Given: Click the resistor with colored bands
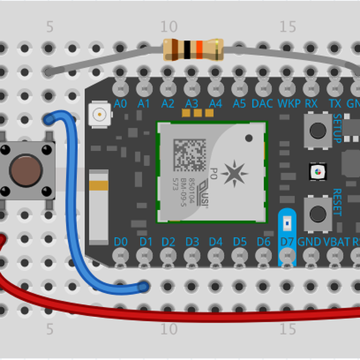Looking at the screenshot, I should click(193, 49).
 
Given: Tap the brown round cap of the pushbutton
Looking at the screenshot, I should click(26, 170).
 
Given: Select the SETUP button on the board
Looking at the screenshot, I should click(316, 128).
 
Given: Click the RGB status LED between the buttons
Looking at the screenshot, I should click(316, 173).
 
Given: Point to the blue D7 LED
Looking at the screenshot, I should click(287, 223).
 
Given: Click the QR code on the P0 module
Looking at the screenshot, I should click(188, 154).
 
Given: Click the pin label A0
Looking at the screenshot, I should click(120, 104).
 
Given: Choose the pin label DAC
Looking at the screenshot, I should click(263, 104).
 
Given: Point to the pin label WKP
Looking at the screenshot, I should click(289, 104).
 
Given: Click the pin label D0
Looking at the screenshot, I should click(121, 242).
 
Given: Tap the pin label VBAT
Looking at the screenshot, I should click(335, 242).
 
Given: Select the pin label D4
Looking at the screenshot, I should click(215, 242).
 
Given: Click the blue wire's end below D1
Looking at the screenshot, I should click(143, 287).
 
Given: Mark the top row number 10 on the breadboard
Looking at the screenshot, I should click(169, 26).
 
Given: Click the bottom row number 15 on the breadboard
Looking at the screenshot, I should click(289, 329).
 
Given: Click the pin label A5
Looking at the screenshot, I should click(239, 104).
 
